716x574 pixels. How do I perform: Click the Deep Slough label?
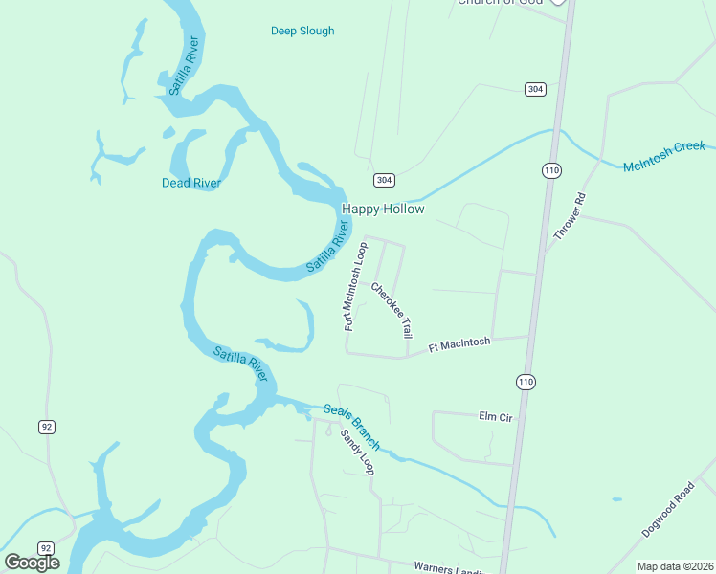point(302,31)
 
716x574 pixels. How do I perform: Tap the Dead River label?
point(191,183)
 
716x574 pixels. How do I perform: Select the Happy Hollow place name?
point(383,209)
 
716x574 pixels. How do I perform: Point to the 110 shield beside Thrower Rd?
point(551,170)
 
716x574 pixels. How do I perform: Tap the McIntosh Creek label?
point(664,156)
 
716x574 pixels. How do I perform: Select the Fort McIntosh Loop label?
point(356,286)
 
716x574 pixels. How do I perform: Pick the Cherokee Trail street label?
point(392,308)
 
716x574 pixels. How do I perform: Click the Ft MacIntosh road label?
point(459,343)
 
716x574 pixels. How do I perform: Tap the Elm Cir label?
point(497,416)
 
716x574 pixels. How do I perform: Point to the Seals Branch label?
point(351,427)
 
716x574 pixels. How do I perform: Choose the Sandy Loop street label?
point(358,452)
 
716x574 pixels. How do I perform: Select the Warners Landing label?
point(450,568)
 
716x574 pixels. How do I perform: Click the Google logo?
point(32,563)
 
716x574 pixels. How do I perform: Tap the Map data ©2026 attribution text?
point(675,566)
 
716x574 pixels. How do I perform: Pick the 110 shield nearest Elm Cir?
point(526,382)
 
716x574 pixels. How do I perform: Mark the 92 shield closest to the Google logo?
point(47,548)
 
